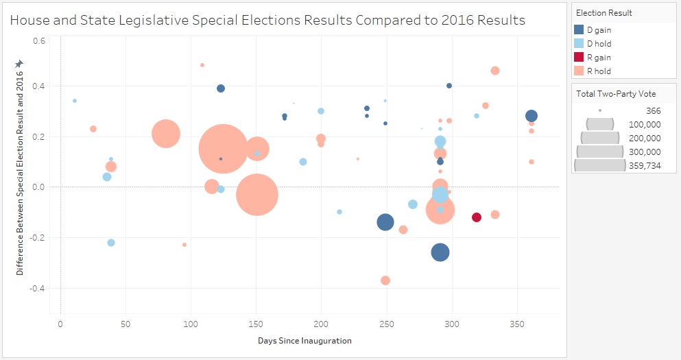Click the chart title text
267,21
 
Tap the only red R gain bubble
477,217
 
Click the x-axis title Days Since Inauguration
304,341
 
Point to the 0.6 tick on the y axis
40,40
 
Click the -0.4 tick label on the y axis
38,288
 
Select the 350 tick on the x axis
517,323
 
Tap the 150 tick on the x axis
256,323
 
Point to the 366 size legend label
653,110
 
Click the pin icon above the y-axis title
19,64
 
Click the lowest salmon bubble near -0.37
385,280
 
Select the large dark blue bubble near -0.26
440,252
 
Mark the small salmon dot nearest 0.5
202,65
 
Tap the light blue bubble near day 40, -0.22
111,243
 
